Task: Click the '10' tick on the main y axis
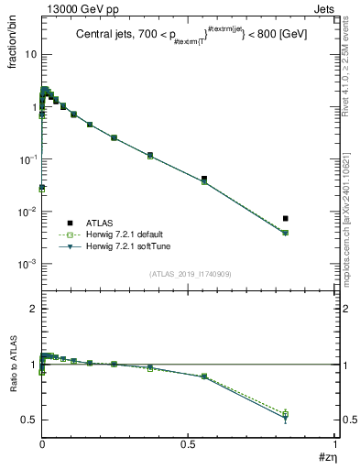29,54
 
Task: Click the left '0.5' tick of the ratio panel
27,420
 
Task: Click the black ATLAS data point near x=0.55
203,179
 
